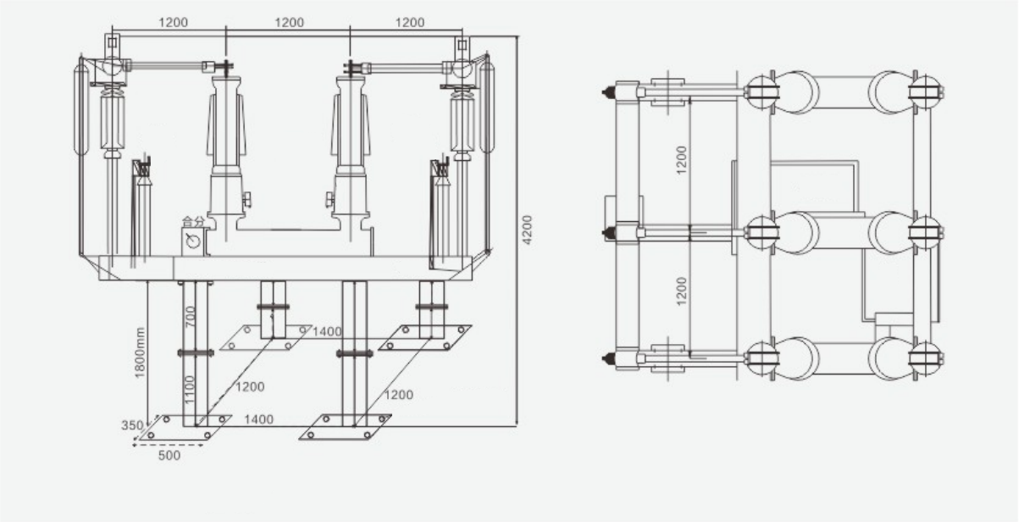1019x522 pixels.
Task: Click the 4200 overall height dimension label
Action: point(527,230)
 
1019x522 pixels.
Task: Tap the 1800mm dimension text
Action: point(140,353)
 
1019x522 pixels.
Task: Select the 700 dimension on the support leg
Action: point(191,316)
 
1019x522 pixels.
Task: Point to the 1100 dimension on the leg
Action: point(190,390)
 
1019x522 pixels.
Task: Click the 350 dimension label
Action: point(132,425)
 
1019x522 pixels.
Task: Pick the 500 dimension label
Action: point(169,455)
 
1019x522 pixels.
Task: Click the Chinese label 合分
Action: point(193,222)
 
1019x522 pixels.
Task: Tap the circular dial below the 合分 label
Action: point(193,241)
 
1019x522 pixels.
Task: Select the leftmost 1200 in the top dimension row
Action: point(174,22)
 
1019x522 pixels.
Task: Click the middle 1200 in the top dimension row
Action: point(290,22)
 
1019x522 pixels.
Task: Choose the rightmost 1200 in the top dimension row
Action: point(410,22)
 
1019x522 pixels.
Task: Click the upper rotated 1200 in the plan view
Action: point(681,160)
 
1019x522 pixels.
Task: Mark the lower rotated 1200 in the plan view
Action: point(681,292)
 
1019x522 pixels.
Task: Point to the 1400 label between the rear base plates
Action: point(327,332)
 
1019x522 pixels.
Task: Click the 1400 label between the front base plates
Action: point(259,419)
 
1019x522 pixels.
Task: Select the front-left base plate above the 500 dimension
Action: point(185,427)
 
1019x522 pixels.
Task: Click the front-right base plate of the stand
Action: point(346,427)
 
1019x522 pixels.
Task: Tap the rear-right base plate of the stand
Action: point(425,337)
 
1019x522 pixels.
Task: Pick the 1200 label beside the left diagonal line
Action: point(250,386)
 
